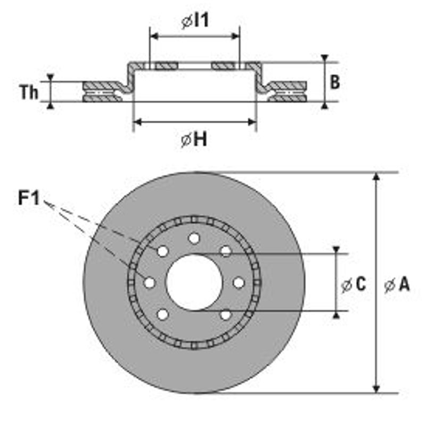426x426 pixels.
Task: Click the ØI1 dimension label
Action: [195, 21]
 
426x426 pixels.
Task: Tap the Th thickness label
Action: [29, 93]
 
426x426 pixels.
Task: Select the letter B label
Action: [335, 83]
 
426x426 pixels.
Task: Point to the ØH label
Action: [194, 140]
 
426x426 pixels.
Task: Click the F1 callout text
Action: [29, 199]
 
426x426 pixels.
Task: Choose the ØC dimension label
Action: [354, 285]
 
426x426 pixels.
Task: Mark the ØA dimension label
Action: [397, 285]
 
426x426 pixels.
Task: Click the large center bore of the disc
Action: [194, 282]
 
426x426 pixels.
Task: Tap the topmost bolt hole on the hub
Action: [194, 237]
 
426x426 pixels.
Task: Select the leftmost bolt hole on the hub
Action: [150, 282]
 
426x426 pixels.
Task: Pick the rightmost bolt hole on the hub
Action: [239, 282]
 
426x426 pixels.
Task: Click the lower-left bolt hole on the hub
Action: [163, 315]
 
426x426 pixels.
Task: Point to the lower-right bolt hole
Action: [225, 315]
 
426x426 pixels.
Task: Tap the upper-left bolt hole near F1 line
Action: [163, 251]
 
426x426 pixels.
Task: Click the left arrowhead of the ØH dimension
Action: [136, 122]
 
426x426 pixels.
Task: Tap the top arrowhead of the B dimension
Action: [324, 58]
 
